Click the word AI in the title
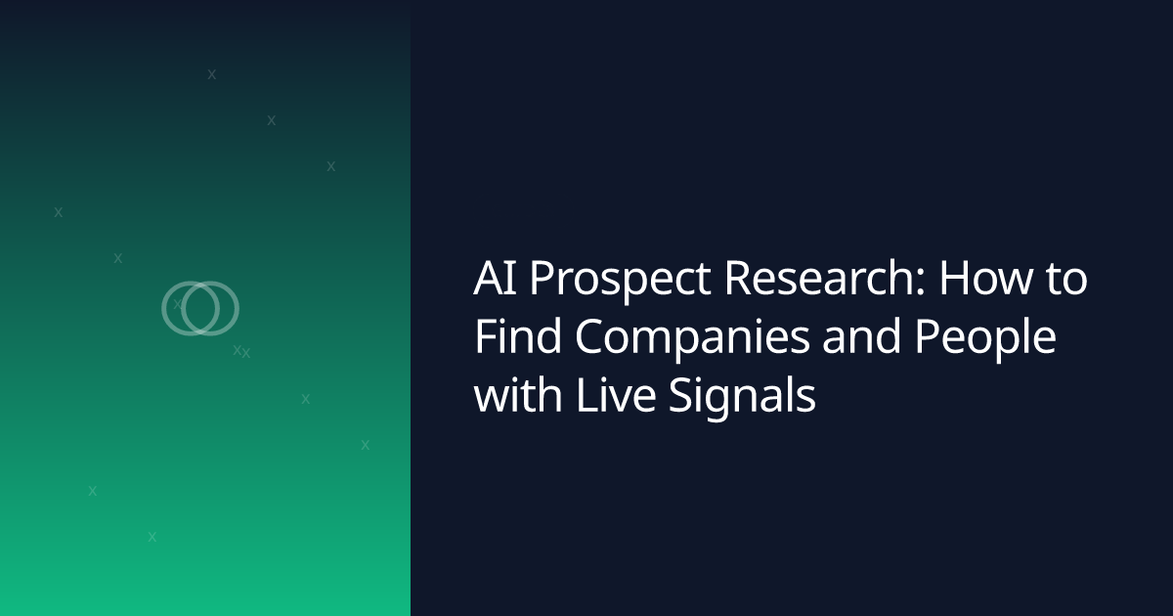pyautogui.click(x=495, y=278)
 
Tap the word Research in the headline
pyautogui.click(x=819, y=277)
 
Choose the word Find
pyautogui.click(x=518, y=335)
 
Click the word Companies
pyautogui.click(x=692, y=340)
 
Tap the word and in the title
pyautogui.click(x=861, y=336)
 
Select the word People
pyautogui.click(x=985, y=340)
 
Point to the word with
pyautogui.click(x=518, y=394)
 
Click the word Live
pyautogui.click(x=616, y=395)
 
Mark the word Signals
pyautogui.click(x=743, y=399)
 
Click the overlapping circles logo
pyautogui.click(x=200, y=309)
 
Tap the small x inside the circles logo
pyautogui.click(x=178, y=304)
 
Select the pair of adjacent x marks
pyautogui.click(x=241, y=351)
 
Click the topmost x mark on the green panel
pyautogui.click(x=211, y=74)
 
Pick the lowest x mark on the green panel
pyautogui.click(x=152, y=537)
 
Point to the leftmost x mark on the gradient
pyautogui.click(x=58, y=212)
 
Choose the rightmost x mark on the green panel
pyautogui.click(x=365, y=445)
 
